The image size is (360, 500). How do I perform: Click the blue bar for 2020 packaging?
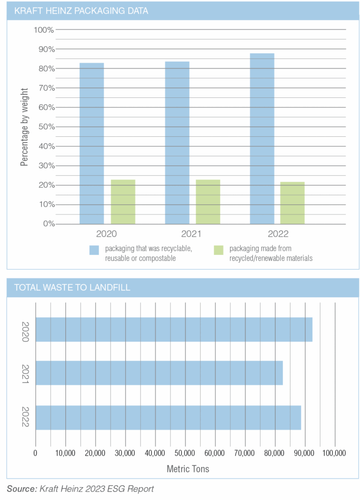click(x=92, y=143)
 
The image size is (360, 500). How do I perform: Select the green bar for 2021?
click(x=208, y=202)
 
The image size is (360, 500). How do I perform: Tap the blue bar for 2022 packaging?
click(x=262, y=139)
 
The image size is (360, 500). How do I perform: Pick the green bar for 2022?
click(x=292, y=203)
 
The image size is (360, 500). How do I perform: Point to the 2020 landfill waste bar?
click(x=174, y=329)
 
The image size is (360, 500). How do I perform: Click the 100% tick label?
click(x=44, y=30)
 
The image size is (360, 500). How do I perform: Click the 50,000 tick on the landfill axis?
click(x=185, y=452)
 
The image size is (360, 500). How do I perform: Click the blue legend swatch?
click(x=94, y=250)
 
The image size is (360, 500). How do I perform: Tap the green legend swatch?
click(x=218, y=250)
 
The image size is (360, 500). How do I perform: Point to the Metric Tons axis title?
click(x=188, y=469)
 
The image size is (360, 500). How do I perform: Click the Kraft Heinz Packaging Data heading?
click(x=81, y=11)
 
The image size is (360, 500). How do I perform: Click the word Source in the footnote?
click(x=21, y=489)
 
